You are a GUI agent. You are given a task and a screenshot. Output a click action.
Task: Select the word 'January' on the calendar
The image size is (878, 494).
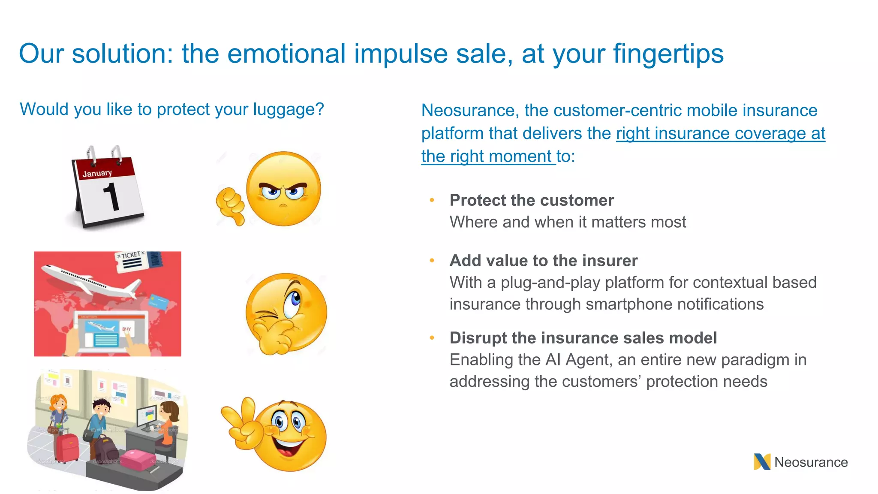click(x=97, y=173)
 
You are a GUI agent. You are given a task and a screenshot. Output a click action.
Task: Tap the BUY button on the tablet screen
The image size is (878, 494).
click(x=126, y=329)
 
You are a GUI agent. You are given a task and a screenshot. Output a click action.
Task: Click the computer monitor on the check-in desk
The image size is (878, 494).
click(x=146, y=415)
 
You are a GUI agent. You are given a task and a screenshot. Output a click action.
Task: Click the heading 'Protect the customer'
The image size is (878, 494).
click(x=532, y=200)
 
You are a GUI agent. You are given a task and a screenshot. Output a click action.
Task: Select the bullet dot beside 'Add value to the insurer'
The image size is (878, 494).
click(x=432, y=260)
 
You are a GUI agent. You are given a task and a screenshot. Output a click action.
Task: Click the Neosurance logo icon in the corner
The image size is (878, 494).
click(x=762, y=462)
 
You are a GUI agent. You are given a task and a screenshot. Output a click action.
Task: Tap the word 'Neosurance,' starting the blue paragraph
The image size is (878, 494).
click(x=470, y=111)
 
